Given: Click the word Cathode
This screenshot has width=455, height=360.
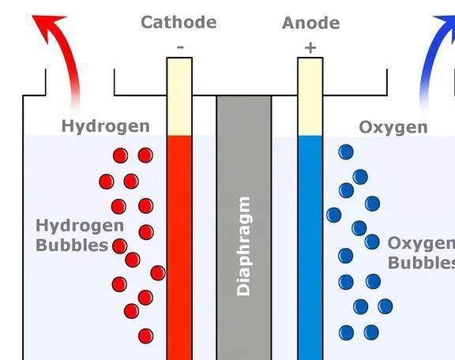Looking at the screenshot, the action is tap(179, 22).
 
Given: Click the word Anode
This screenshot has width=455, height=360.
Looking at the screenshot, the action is tap(310, 23).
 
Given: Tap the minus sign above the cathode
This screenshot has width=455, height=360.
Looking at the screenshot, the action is tap(180, 47).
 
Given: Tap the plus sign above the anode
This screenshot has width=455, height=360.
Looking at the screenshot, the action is tap(310, 48).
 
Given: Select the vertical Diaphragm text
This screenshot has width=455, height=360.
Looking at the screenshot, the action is tap(244, 246).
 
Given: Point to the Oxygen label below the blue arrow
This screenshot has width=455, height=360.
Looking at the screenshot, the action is tap(393, 127).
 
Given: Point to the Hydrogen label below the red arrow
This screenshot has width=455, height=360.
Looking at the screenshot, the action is tap(106, 126).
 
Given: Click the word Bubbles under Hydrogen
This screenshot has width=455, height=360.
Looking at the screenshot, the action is tap(72, 245).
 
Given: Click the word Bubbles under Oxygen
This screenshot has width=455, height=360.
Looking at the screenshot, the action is tap(421, 263).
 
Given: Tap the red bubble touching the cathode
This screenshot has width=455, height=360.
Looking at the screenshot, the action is tap(158, 273).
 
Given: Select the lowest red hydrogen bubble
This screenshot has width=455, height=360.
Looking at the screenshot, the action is tap(145, 336).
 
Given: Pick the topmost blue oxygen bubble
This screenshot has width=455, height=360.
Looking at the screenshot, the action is tap(346, 152).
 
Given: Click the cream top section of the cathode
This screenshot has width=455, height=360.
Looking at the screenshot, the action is tap(179, 96).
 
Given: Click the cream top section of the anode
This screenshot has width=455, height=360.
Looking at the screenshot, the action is tap(310, 96).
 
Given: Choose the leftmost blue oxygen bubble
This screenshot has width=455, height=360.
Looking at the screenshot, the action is tap(333, 215).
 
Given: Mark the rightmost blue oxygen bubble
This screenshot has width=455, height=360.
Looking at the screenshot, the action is tap(385, 306).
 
